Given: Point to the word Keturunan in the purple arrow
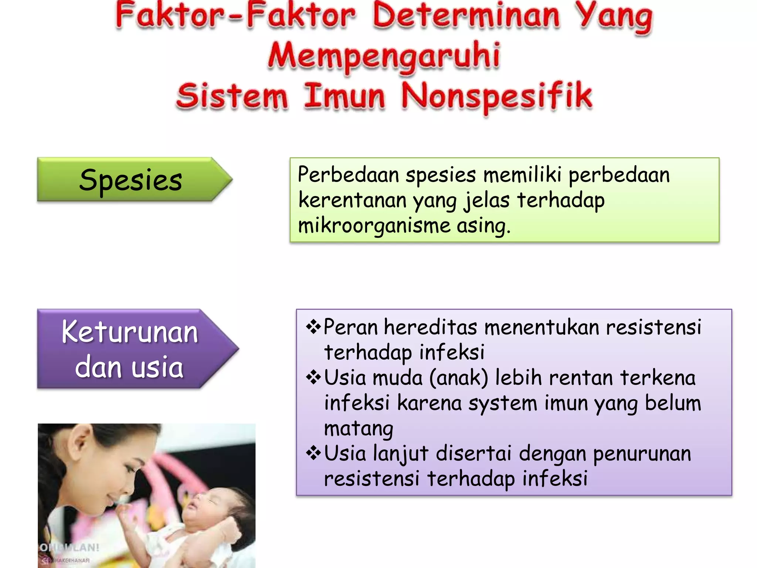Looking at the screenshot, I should pyautogui.click(x=130, y=332).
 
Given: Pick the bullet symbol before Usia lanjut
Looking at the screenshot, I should pyautogui.click(x=313, y=453).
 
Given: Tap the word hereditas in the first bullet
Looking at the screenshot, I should pyautogui.click(x=431, y=327).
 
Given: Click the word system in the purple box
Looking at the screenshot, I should pyautogui.click(x=503, y=403).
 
